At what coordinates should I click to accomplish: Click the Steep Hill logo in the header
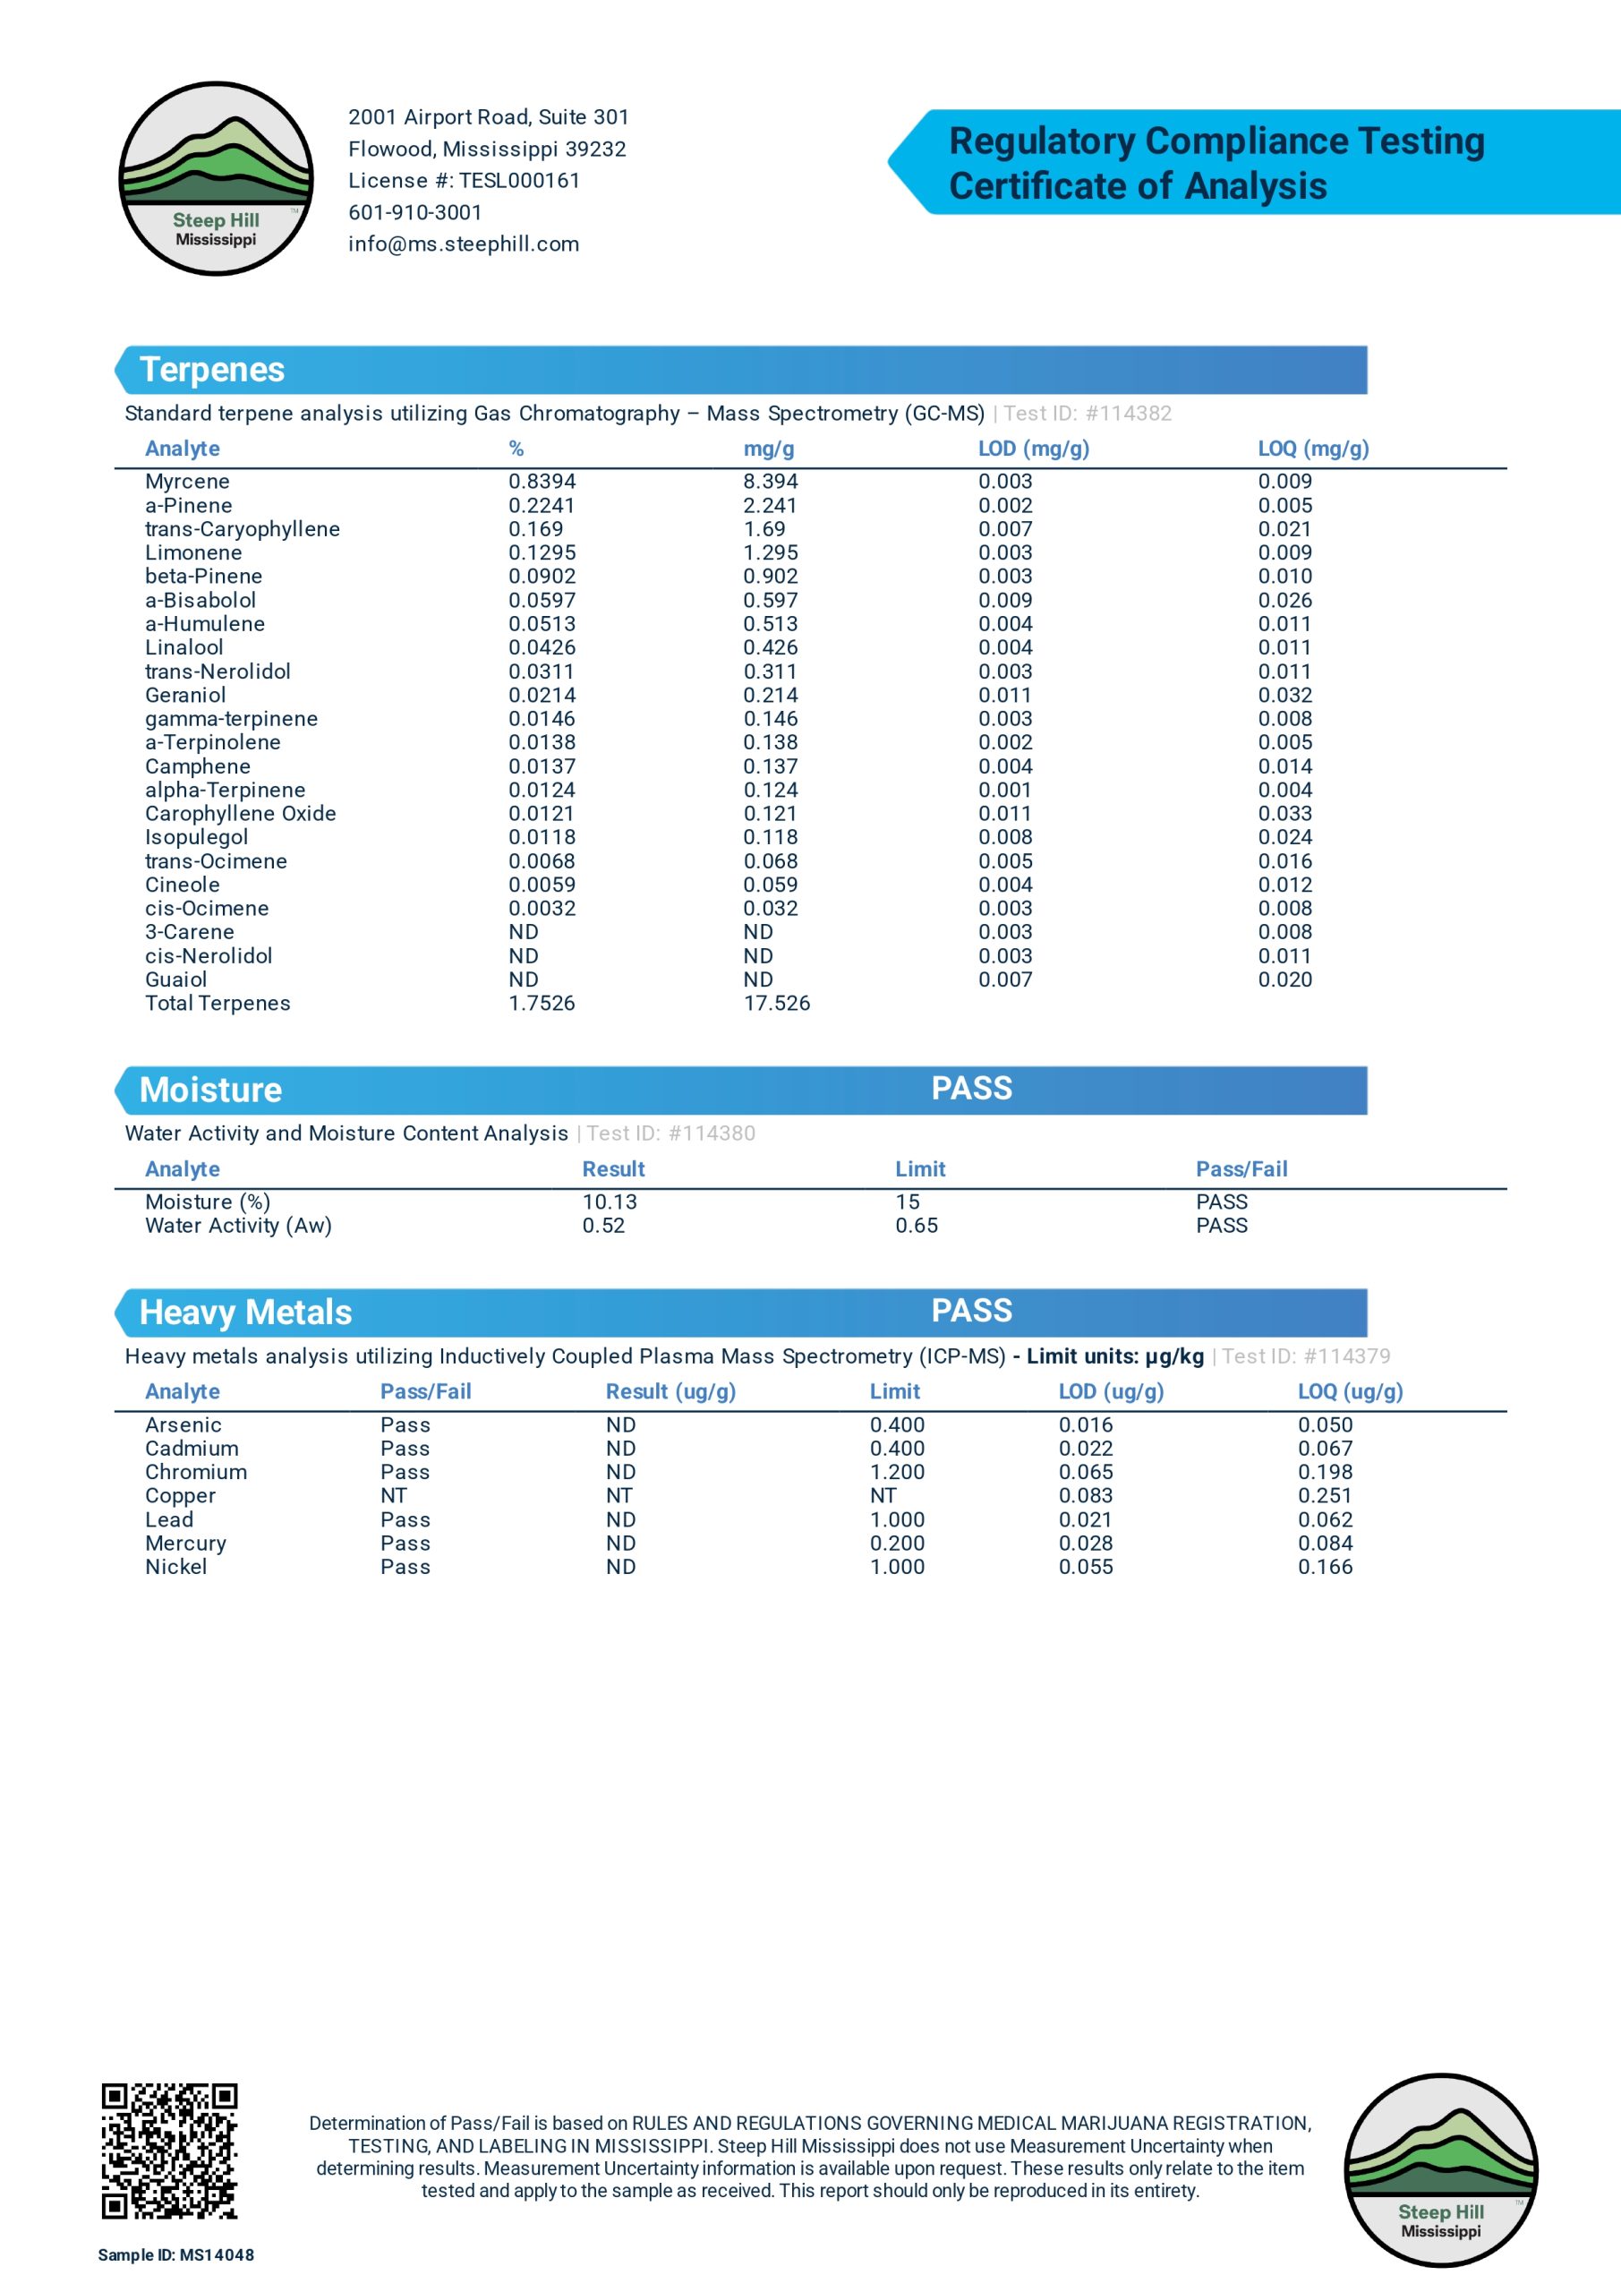pyautogui.click(x=216, y=179)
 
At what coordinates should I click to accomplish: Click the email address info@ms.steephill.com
pyautogui.click(x=463, y=244)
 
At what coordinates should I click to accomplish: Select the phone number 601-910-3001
pyautogui.click(x=415, y=212)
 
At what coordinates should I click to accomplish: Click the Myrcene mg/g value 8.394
pyautogui.click(x=770, y=481)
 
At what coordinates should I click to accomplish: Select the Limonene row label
pyautogui.click(x=193, y=553)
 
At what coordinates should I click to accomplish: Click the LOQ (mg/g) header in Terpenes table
pyautogui.click(x=1312, y=449)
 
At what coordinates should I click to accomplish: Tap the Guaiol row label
pyautogui.click(x=176, y=980)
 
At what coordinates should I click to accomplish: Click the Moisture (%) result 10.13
pyautogui.click(x=609, y=1202)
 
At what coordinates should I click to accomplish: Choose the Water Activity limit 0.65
pyautogui.click(x=917, y=1226)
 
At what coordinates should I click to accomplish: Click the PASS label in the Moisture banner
pyautogui.click(x=971, y=1088)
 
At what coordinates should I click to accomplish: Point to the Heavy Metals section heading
pyautogui.click(x=245, y=1313)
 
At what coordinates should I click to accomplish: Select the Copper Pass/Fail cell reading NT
pyautogui.click(x=393, y=1495)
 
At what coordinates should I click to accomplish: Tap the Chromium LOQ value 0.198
pyautogui.click(x=1325, y=1473)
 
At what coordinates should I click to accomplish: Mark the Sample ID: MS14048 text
pyautogui.click(x=175, y=2255)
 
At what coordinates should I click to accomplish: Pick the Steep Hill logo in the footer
pyautogui.click(x=1440, y=2170)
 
